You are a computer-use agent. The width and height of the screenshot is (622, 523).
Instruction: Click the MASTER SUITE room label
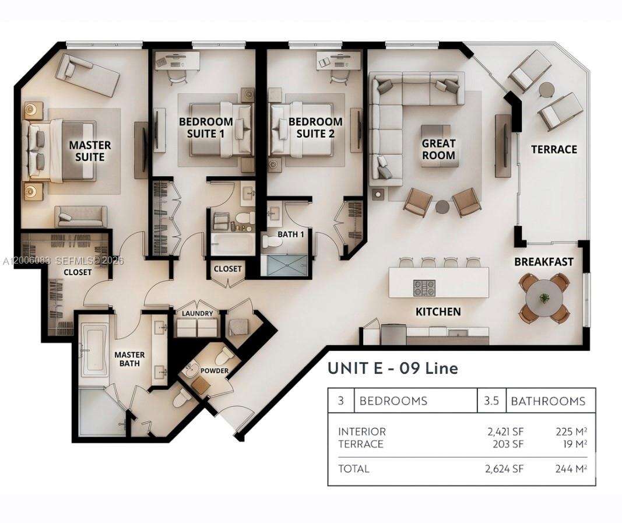(90, 150)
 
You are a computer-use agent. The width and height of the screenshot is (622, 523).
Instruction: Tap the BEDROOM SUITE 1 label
(206, 128)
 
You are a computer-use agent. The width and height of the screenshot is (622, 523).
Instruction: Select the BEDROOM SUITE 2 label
(315, 128)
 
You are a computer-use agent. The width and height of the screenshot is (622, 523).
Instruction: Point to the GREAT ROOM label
(438, 149)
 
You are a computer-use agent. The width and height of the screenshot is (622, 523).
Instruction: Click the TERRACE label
(554, 149)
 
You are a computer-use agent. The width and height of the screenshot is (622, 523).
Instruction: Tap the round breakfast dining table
(544, 297)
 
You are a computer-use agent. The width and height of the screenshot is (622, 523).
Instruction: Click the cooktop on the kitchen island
(424, 287)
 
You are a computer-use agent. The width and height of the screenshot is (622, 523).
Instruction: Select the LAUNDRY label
(197, 313)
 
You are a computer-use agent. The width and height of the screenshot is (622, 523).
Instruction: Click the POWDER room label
(215, 371)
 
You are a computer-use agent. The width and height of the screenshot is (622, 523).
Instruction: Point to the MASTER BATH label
(129, 359)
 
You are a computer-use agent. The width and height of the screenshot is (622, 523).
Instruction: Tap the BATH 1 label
(290, 234)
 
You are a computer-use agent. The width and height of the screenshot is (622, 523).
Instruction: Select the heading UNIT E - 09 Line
(392, 368)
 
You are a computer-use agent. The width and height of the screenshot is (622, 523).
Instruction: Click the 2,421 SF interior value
(505, 431)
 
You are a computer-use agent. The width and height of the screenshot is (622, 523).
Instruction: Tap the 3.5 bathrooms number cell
(491, 401)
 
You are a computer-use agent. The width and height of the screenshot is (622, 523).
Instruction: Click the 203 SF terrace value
(509, 444)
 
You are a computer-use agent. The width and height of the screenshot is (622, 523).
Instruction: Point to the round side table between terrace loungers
(546, 90)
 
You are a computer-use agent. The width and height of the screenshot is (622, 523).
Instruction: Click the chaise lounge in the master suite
(87, 75)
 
